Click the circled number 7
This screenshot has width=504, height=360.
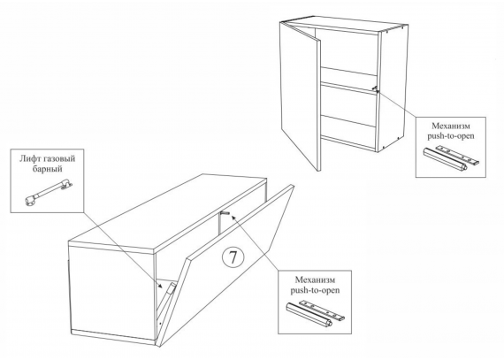tap(233, 257)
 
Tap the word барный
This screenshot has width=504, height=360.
tap(47, 169)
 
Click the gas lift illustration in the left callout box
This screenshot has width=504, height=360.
tap(49, 193)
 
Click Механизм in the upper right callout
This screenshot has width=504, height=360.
tap(451, 126)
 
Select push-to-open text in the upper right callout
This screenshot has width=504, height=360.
tap(451, 136)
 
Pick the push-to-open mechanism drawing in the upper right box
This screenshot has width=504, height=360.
tap(452, 158)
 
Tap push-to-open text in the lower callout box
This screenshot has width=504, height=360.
tap(315, 290)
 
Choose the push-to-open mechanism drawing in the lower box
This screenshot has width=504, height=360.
tap(316, 313)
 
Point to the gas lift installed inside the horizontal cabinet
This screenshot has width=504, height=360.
tap(170, 290)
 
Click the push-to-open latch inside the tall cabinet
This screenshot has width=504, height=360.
tap(375, 88)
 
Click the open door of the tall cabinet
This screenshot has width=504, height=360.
tap(301, 96)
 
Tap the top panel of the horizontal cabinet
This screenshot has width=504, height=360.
tap(169, 213)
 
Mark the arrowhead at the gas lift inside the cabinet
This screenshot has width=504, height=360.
tap(162, 285)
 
